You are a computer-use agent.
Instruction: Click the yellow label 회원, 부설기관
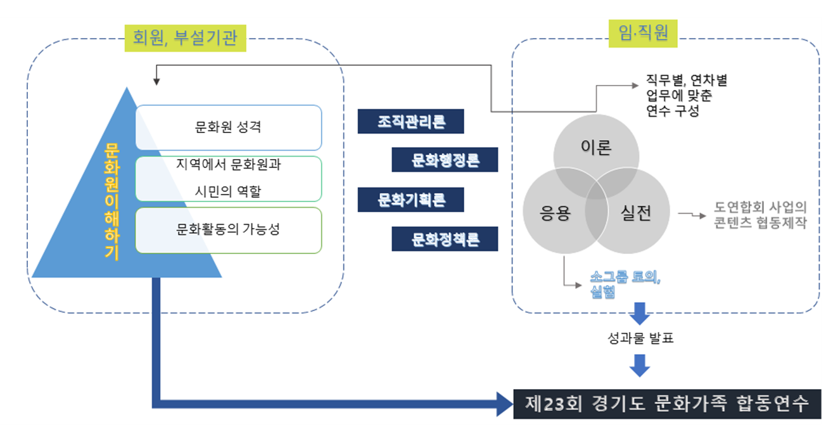(x=185, y=38)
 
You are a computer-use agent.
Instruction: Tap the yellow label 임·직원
(x=643, y=34)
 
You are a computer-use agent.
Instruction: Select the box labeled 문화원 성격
(x=229, y=127)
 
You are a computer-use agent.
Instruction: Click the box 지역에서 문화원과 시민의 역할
(x=229, y=179)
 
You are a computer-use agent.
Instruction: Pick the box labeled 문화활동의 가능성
(x=229, y=230)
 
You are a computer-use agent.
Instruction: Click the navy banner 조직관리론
(x=411, y=121)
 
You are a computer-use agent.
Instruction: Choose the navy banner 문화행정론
(x=445, y=160)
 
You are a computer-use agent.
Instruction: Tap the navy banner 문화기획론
(x=411, y=200)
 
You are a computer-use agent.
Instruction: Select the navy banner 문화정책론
(x=445, y=239)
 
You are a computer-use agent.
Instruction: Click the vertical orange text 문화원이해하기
(x=111, y=201)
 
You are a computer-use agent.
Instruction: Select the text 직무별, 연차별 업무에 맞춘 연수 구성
(x=687, y=96)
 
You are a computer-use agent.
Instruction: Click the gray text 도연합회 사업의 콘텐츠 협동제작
(x=760, y=215)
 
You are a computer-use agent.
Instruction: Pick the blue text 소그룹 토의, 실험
(x=625, y=284)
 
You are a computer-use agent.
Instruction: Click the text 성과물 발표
(x=640, y=338)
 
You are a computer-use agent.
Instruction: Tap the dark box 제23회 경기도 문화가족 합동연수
(x=667, y=404)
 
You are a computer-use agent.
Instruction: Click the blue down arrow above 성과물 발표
(x=640, y=314)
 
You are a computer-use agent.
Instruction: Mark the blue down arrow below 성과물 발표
(x=640, y=366)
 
